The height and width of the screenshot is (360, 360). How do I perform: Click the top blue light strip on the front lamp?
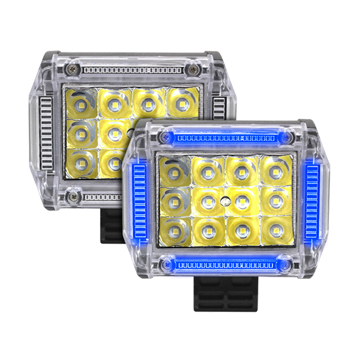pos(225,138)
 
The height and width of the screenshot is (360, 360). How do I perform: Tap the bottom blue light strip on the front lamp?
pos(225,266)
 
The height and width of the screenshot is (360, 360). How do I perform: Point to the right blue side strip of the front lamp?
pos(314,202)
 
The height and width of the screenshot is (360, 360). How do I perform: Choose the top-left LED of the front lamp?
pos(173,172)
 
